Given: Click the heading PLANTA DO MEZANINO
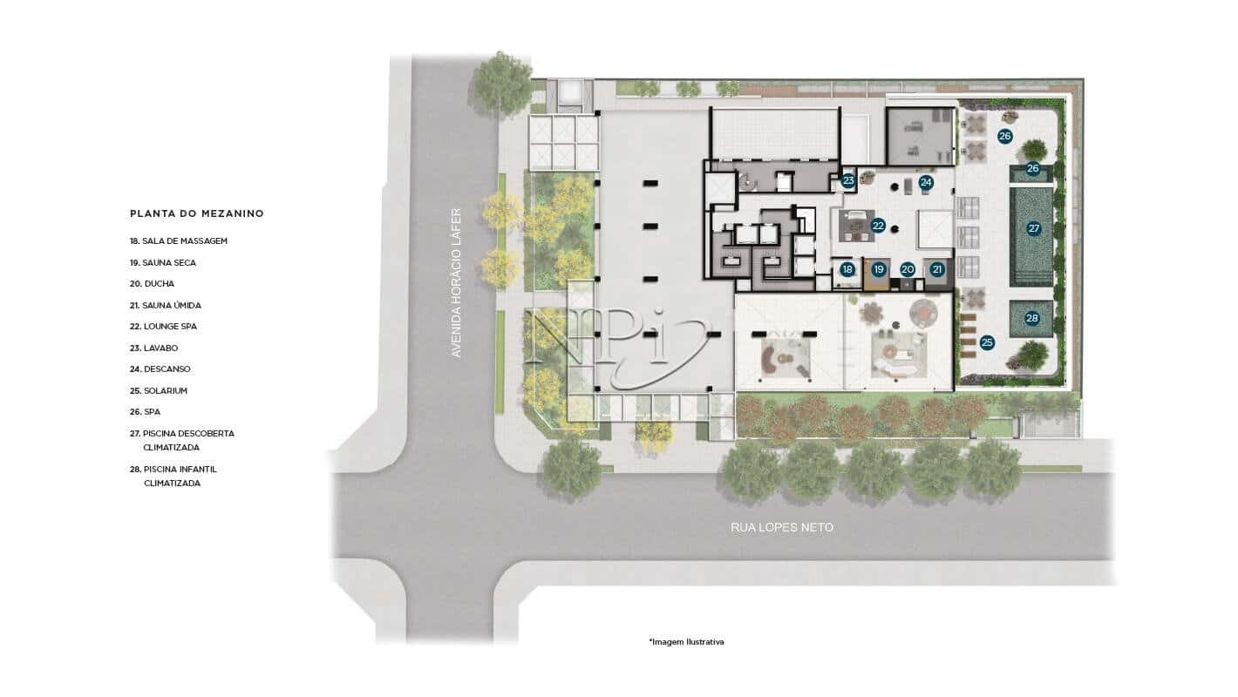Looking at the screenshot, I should (196, 213).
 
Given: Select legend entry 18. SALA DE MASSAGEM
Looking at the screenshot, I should (178, 240).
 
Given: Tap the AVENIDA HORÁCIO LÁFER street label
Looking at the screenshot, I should (455, 282).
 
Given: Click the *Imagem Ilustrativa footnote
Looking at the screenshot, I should (686, 642).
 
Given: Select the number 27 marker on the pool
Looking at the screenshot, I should (1034, 228).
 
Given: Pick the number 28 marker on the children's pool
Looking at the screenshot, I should (1032, 318).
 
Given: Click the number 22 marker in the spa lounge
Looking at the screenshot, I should (878, 226).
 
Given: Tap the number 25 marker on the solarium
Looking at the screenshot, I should (987, 342).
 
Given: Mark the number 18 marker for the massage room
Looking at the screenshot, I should (847, 269).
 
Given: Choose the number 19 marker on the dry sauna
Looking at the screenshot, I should (879, 269).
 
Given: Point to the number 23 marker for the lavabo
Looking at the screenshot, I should (848, 181).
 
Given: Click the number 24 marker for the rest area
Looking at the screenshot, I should (926, 182).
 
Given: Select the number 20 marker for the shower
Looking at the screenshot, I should (908, 269).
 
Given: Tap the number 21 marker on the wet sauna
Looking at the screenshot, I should (937, 269).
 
